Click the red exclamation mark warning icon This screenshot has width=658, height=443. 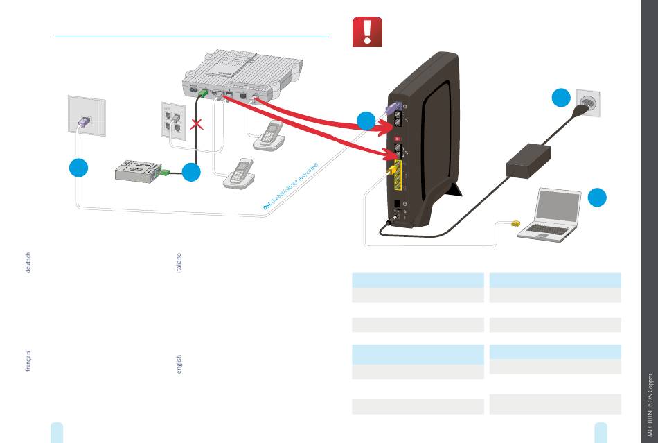367,33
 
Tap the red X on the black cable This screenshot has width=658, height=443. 197,125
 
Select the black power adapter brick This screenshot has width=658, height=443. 528,160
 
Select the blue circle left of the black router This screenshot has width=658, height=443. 366,121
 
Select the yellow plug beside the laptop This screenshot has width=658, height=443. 515,223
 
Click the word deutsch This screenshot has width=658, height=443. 28,263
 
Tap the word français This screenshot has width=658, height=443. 28,361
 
